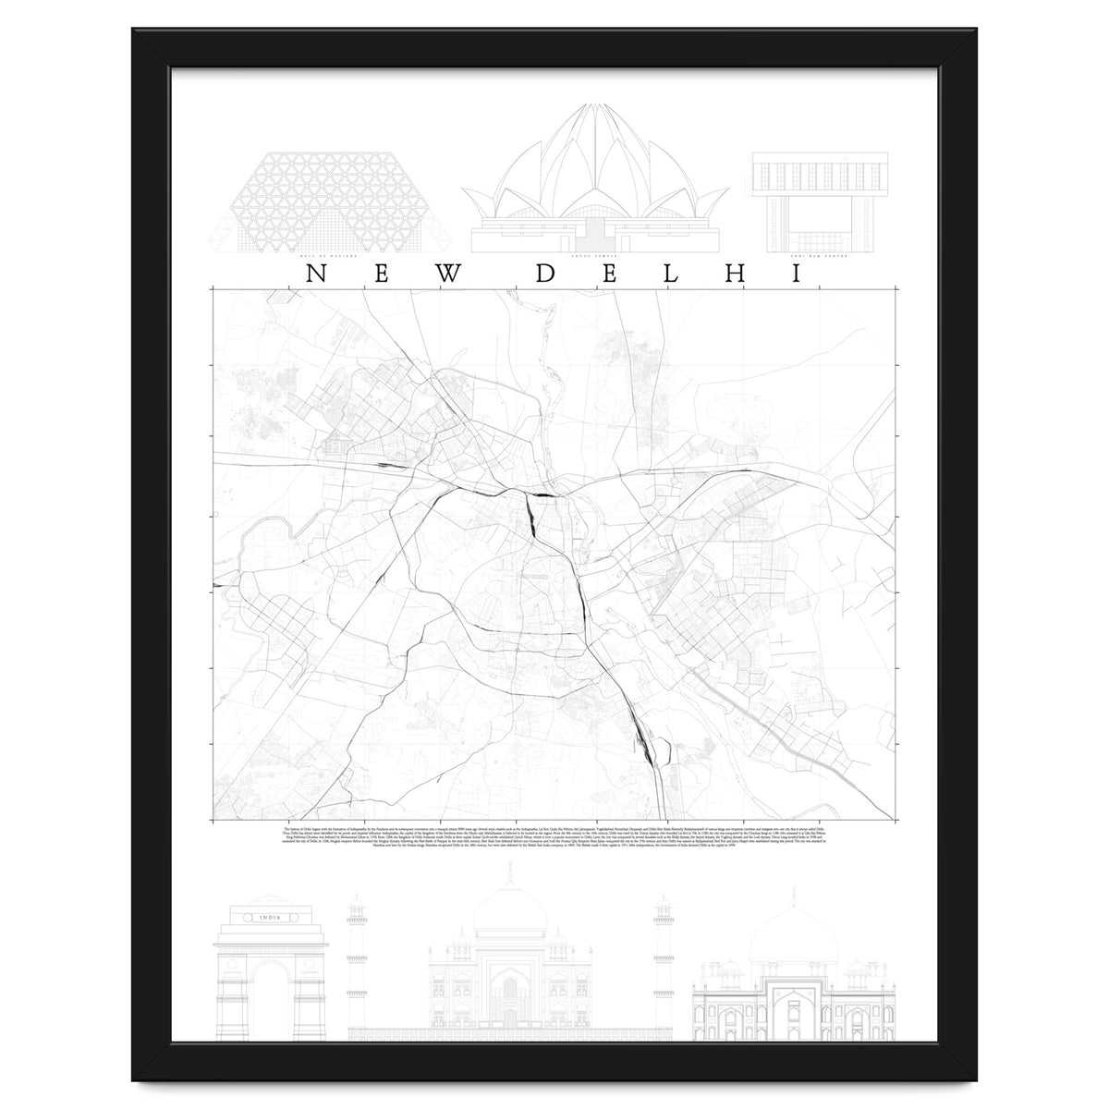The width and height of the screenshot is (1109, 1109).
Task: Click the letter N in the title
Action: (x=316, y=274)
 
